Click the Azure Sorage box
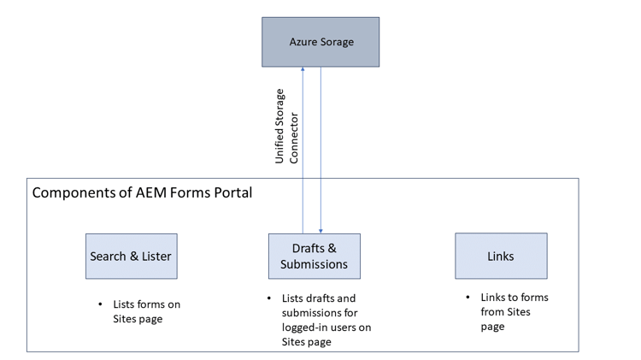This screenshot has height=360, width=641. [x=320, y=42]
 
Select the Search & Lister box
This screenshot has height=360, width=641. [x=131, y=256]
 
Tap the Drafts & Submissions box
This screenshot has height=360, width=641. [x=314, y=256]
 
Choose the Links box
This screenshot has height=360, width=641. [x=501, y=256]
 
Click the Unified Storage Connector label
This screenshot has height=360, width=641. [x=286, y=126]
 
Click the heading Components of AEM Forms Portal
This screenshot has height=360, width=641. [x=142, y=193]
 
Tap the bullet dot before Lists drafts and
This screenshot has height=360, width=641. [x=270, y=298]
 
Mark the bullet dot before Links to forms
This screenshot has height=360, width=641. [x=468, y=297]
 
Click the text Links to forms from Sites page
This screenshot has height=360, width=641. [x=514, y=311]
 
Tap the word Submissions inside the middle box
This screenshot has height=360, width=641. [x=314, y=264]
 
